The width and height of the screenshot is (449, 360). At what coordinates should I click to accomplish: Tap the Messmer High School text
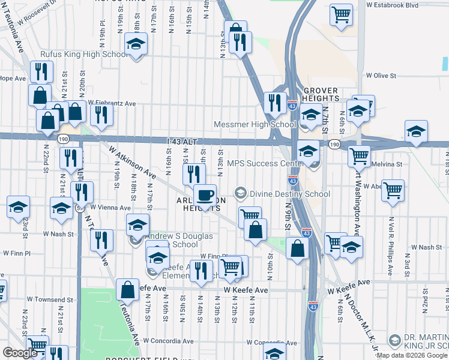(x=255, y=125)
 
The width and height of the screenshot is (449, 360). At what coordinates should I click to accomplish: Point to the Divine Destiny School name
(x=290, y=194)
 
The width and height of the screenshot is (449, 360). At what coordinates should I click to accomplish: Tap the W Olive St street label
(x=381, y=76)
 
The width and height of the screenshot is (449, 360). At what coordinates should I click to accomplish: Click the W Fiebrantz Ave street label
(x=112, y=103)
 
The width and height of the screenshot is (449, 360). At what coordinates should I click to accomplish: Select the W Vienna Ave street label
(x=110, y=206)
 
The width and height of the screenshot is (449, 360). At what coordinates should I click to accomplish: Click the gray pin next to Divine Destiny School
(x=241, y=193)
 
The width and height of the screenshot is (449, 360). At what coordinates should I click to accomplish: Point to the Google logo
(x=20, y=353)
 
